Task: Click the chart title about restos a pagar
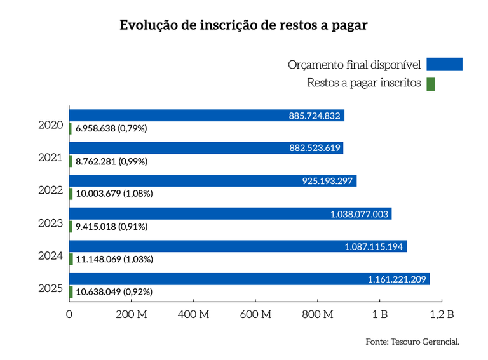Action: click(x=243, y=26)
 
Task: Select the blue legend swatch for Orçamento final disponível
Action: click(x=444, y=64)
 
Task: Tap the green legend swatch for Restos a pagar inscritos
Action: click(x=431, y=84)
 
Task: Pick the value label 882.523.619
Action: click(x=315, y=149)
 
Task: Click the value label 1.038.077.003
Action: click(x=359, y=214)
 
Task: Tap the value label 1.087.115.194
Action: click(x=374, y=246)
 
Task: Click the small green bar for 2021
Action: click(x=71, y=161)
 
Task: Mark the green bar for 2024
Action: click(x=71, y=259)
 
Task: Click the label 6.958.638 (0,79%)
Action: click(x=111, y=128)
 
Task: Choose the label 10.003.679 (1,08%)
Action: click(x=114, y=194)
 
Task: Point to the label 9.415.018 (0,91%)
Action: click(x=111, y=227)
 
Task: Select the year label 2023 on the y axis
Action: click(x=51, y=223)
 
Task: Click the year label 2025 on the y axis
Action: click(x=51, y=289)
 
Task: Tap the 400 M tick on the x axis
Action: click(x=193, y=314)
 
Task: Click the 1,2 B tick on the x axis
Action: click(x=442, y=314)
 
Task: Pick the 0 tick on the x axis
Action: click(x=69, y=314)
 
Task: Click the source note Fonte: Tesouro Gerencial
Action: click(x=412, y=342)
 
